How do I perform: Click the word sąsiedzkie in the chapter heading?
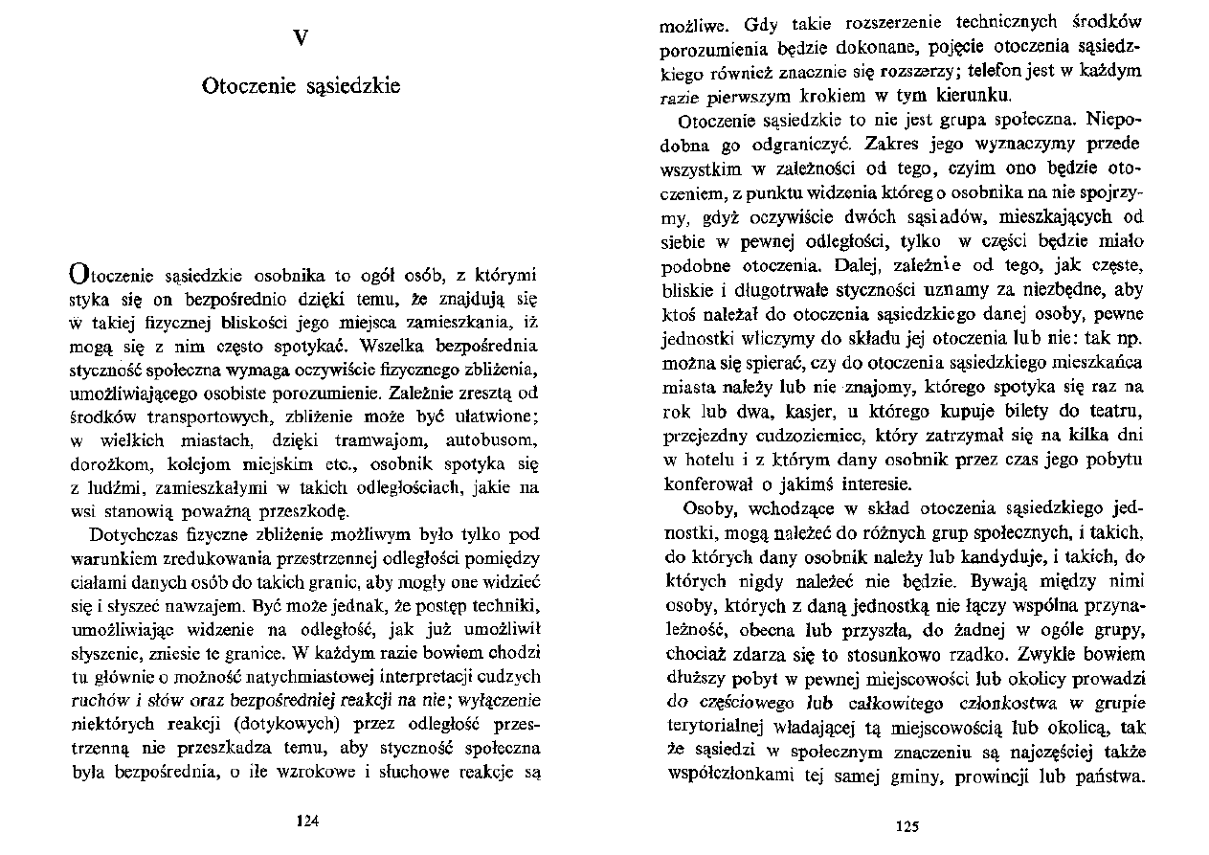352,86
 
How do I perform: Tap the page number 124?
307,821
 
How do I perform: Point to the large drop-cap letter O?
78,273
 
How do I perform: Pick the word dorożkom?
106,466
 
